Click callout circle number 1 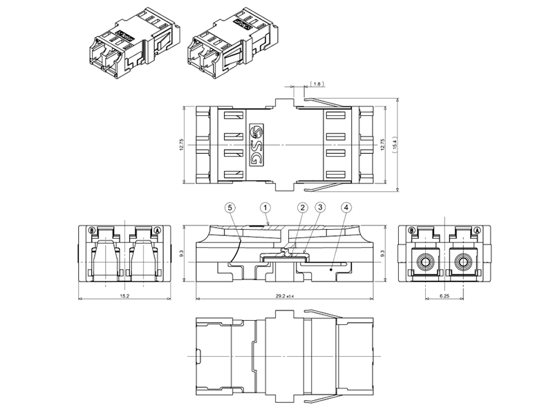(265, 208)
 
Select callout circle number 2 (302, 208)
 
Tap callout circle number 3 (320, 208)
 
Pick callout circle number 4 (346, 208)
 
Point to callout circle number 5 (230, 208)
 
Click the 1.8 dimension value (317, 83)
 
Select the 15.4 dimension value (395, 144)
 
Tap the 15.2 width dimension (124, 296)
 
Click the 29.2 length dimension (285, 296)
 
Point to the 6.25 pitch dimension (444, 296)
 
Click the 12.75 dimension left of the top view (182, 144)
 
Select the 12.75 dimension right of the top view (383, 144)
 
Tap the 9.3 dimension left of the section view (181, 253)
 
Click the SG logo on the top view (256, 145)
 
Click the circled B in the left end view (92, 230)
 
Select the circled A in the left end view (158, 230)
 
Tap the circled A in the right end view (477, 230)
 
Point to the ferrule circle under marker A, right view (462, 262)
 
